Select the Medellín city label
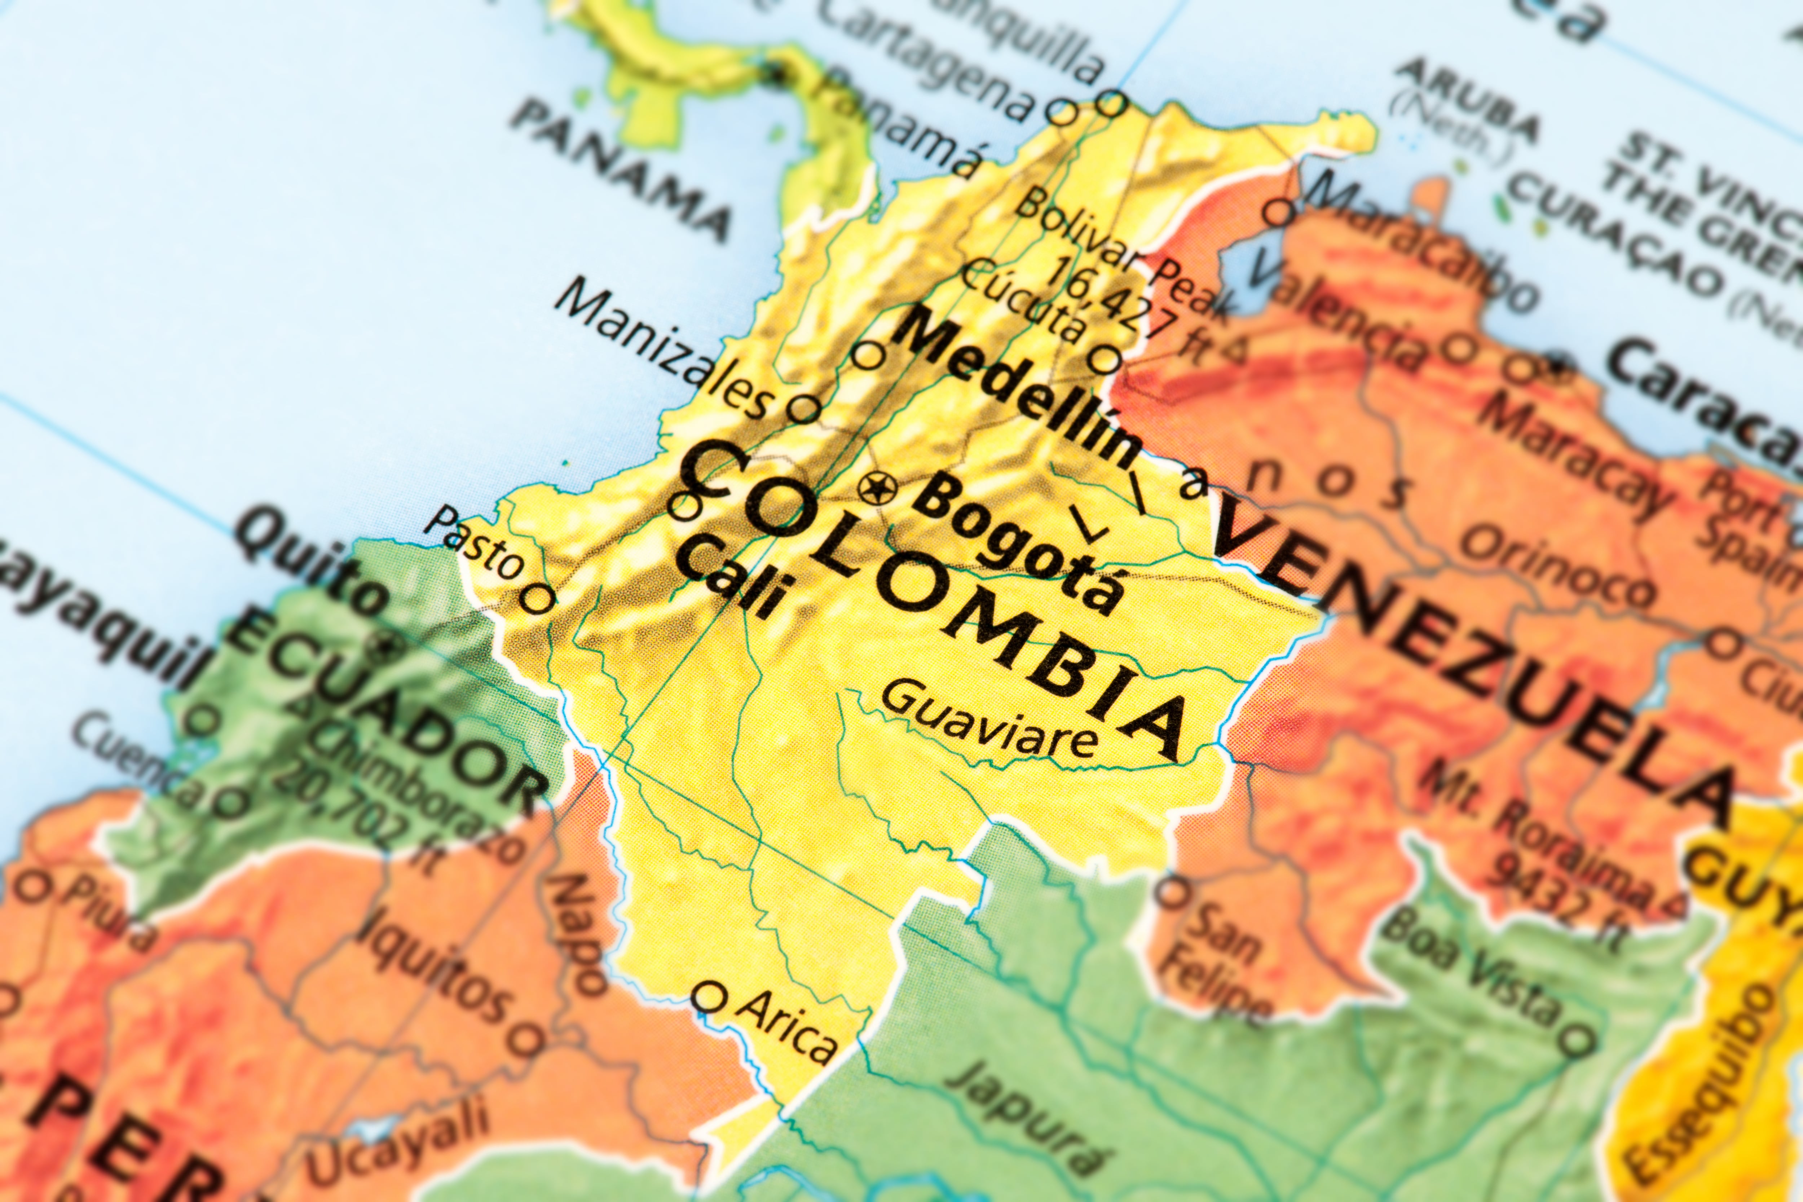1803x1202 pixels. pyautogui.click(x=1019, y=391)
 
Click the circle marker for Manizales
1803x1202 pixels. pyautogui.click(x=803, y=408)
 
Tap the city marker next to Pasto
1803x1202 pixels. pyautogui.click(x=539, y=599)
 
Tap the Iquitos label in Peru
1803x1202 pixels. pyautogui.click(x=433, y=966)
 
